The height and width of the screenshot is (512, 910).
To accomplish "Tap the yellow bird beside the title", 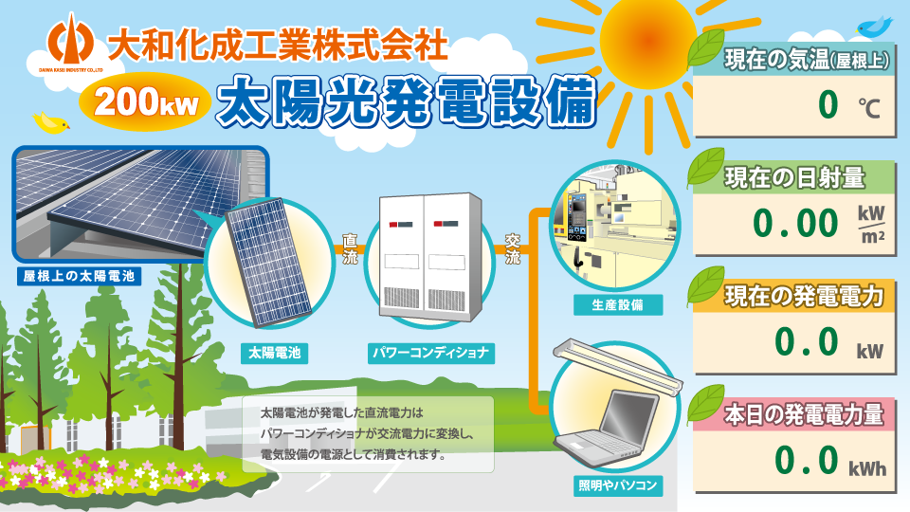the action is pos(51,122).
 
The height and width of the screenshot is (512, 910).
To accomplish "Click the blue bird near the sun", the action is pos(875,26).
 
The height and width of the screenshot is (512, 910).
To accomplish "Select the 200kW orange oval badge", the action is pos(144,101).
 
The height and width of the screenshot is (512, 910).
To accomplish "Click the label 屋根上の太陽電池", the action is pos(79,276).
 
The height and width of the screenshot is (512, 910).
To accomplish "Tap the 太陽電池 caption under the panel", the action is pos(275,353).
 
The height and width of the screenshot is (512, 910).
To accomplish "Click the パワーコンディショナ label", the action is pos(430,353).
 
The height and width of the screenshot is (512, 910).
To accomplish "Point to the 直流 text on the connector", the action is pos(350,249).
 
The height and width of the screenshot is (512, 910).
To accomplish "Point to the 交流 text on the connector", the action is pos(513,249).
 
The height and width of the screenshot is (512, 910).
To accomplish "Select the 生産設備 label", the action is pos(617,305).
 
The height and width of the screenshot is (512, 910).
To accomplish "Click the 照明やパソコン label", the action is pos(617,485).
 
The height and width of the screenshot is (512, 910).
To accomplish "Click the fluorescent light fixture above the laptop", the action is pos(617,368).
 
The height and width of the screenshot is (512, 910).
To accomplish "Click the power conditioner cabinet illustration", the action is pos(430,258).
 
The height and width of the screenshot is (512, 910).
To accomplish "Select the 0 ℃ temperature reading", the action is pos(849,105).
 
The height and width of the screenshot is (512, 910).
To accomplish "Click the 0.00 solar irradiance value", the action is pos(795,224).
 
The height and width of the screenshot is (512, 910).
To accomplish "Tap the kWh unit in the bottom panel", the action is pos(867,467).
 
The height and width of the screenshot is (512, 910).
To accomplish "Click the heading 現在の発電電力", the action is pos(804,296).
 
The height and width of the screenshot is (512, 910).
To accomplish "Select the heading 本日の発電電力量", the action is pos(804,414).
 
